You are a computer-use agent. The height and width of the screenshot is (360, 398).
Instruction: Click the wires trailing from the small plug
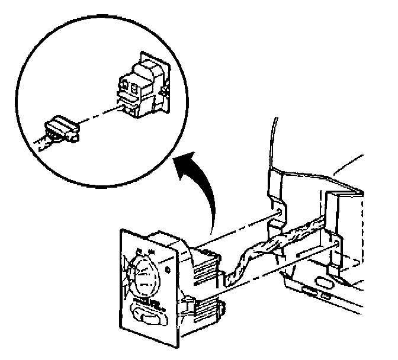(x=41, y=142)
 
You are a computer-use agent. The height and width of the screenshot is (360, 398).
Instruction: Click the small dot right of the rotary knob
(x=171, y=272)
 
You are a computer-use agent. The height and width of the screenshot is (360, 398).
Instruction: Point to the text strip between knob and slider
(x=146, y=304)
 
